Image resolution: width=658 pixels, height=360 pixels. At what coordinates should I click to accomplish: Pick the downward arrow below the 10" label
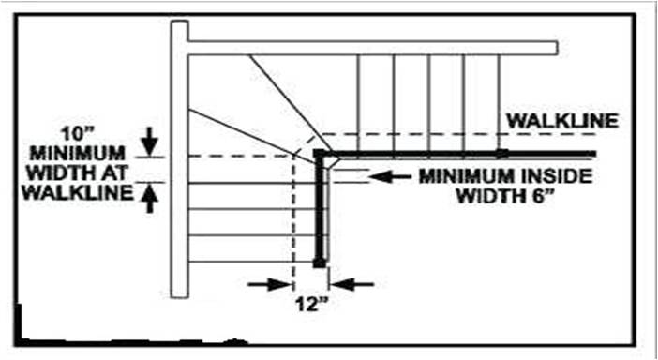[149, 141]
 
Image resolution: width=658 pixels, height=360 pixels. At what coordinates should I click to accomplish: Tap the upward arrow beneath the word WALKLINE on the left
[149, 198]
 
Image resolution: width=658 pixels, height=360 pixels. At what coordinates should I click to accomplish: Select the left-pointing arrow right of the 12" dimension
[356, 283]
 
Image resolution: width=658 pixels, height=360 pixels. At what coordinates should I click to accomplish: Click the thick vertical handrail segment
[320, 216]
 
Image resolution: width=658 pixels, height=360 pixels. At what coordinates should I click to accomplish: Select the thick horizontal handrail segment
[459, 153]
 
